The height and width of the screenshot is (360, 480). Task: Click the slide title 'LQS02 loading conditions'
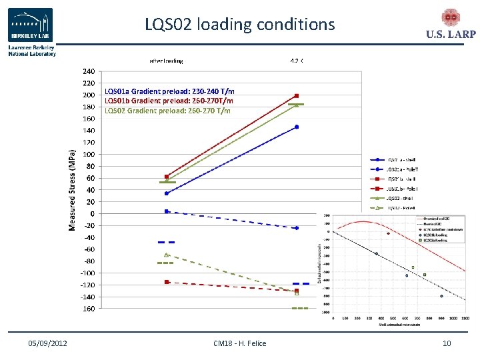click(x=240, y=25)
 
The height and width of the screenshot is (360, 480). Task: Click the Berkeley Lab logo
click(x=31, y=26)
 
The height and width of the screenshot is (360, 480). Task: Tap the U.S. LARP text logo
click(x=450, y=35)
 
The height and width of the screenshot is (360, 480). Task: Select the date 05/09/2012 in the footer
click(x=47, y=343)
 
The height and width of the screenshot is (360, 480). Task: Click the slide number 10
click(x=446, y=343)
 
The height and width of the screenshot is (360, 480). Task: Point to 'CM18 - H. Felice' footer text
click(x=239, y=343)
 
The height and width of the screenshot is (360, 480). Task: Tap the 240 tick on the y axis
click(x=88, y=71)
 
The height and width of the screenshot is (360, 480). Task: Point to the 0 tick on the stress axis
click(x=91, y=213)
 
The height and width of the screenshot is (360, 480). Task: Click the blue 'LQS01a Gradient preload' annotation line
click(x=169, y=91)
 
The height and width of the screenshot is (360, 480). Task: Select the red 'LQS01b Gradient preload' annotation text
click(x=169, y=101)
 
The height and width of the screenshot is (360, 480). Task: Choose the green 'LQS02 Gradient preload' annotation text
click(x=167, y=110)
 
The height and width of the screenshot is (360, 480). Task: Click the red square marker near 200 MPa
click(x=297, y=96)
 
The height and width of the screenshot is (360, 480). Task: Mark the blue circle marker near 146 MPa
click(x=297, y=127)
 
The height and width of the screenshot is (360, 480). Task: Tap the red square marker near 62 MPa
click(x=167, y=177)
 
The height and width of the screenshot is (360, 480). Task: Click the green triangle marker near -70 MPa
click(x=167, y=255)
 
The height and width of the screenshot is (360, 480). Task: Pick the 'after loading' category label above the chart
click(x=166, y=61)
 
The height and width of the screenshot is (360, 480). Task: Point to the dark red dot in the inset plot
click(x=388, y=233)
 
